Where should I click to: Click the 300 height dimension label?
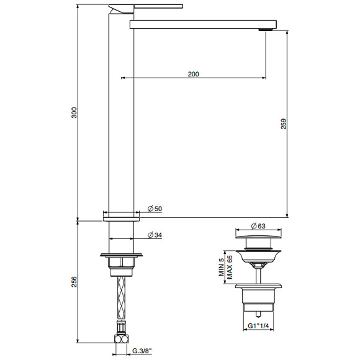[74, 112]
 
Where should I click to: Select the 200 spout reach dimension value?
[193, 74]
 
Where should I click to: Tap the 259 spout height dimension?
[284, 124]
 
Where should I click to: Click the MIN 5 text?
[220, 268]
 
